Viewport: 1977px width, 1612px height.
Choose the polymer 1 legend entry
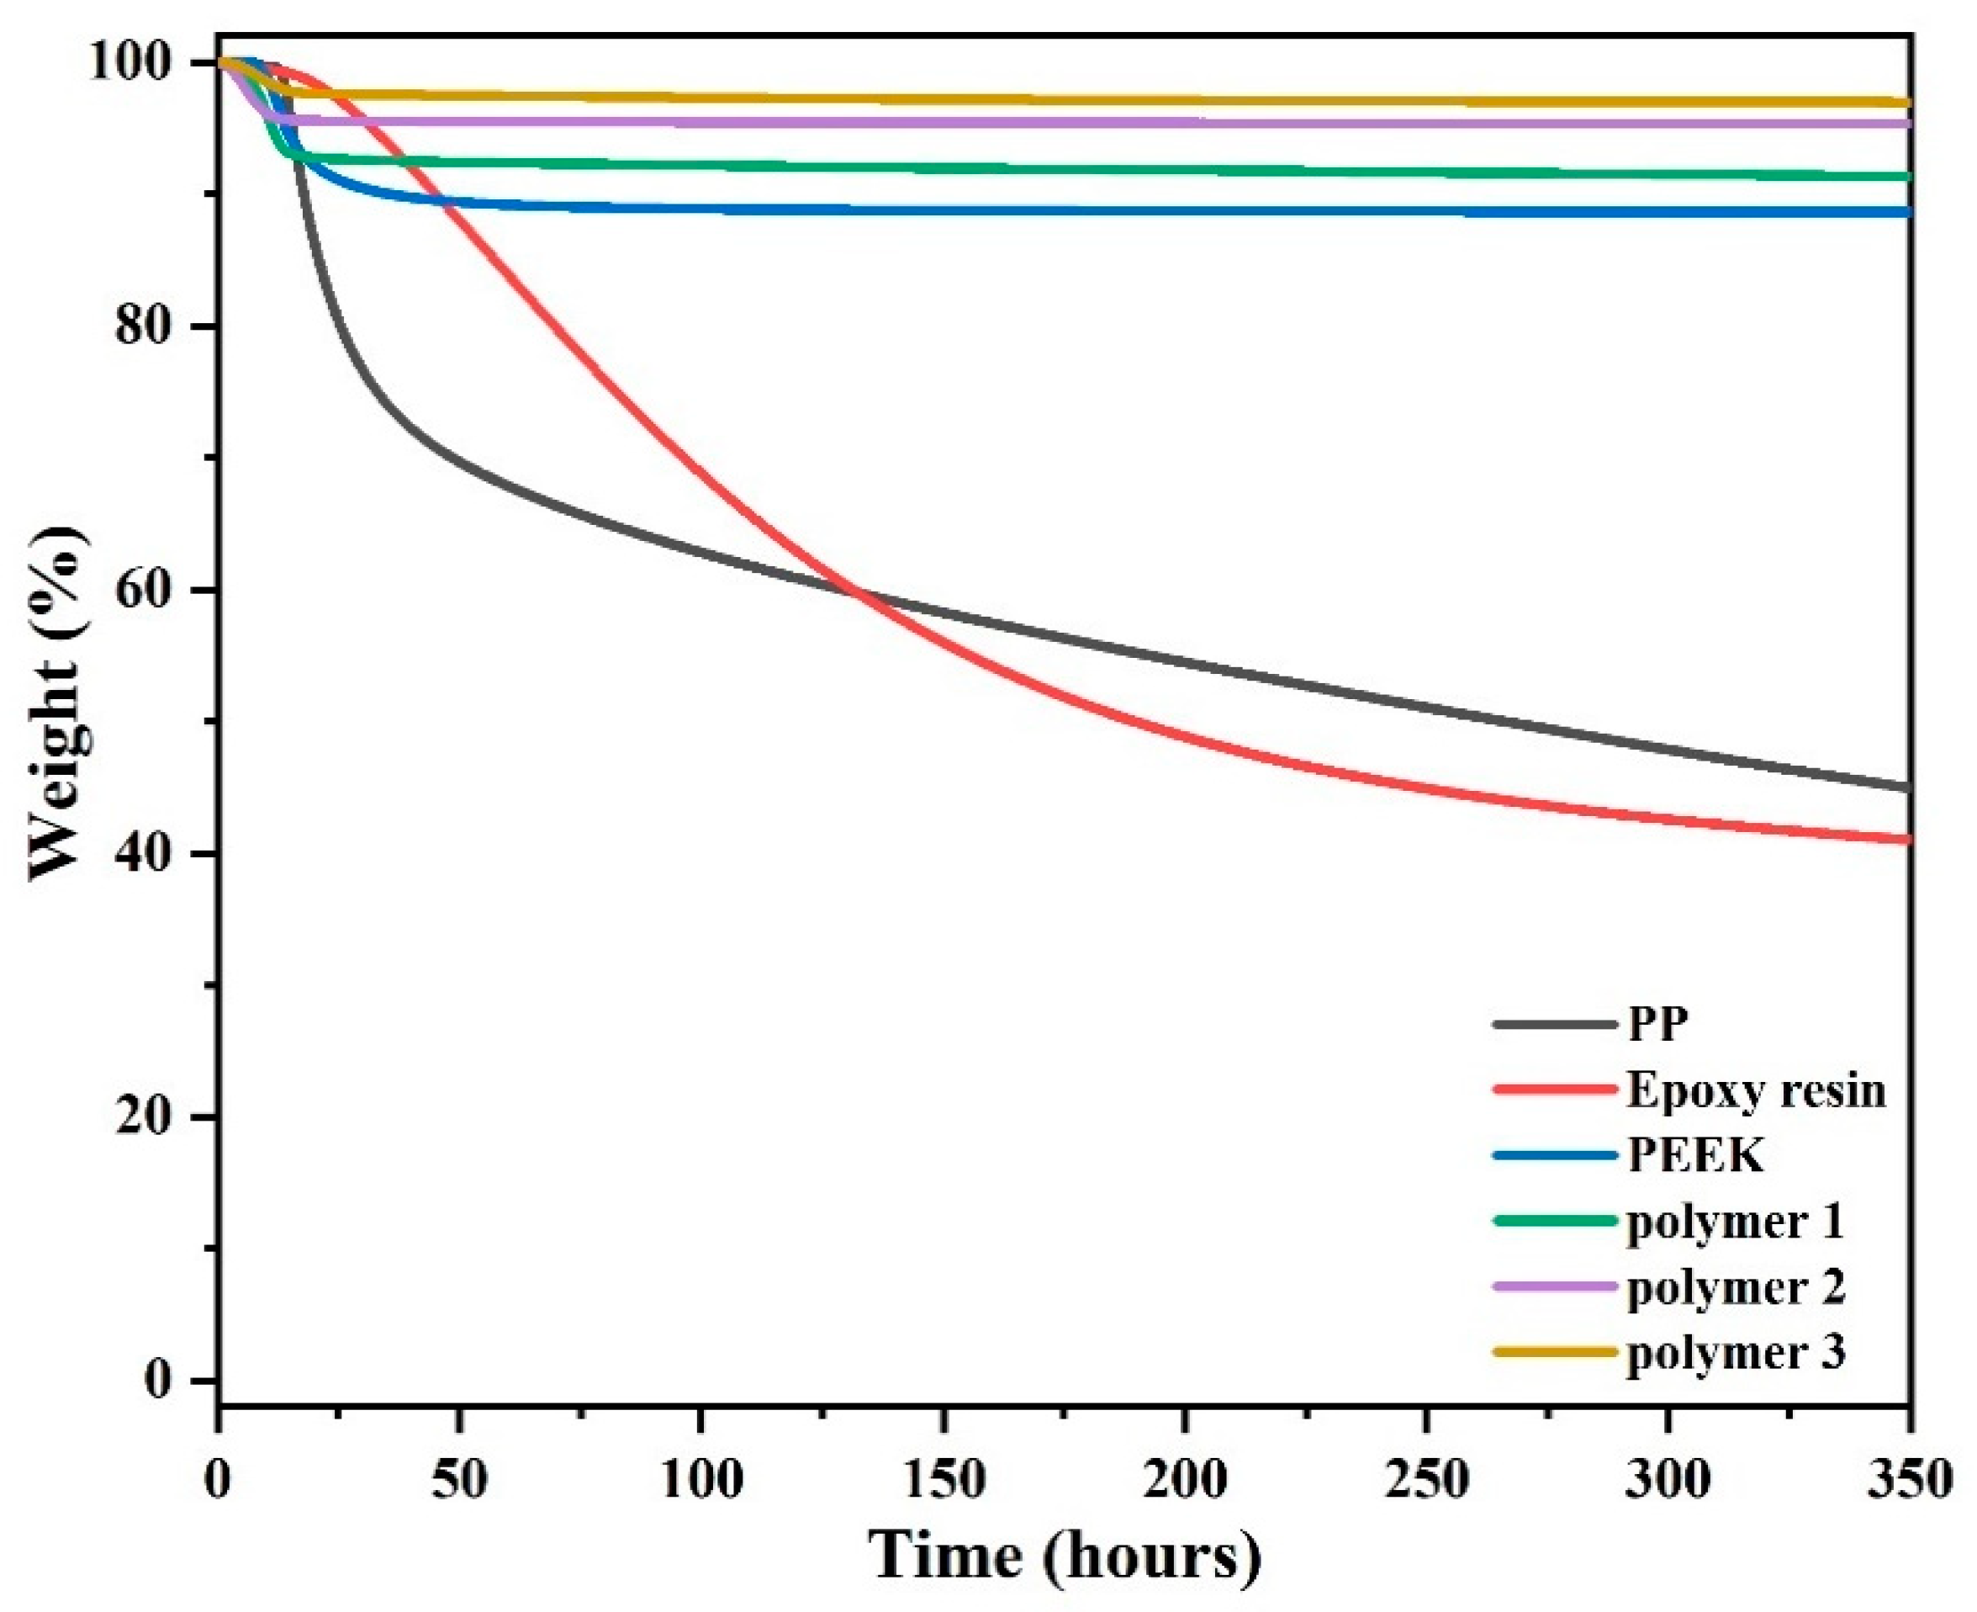tap(1735, 1222)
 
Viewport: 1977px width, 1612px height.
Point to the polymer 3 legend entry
tap(1736, 1353)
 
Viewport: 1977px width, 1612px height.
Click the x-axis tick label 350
tap(1911, 1478)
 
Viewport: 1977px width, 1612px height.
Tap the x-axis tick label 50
tap(459, 1478)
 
